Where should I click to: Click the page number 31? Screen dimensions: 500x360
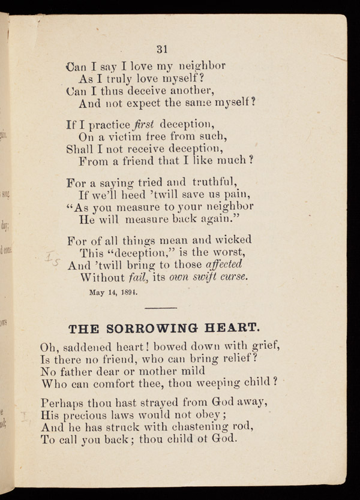click(162, 49)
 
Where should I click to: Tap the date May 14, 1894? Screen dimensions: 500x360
click(113, 293)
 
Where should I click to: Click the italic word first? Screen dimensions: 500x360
click(145, 125)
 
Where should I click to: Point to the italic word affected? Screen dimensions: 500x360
click(224, 264)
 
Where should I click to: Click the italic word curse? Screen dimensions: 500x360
click(232, 278)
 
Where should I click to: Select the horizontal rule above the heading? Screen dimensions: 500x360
click(161, 309)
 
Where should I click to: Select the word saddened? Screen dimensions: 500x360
click(86, 347)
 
